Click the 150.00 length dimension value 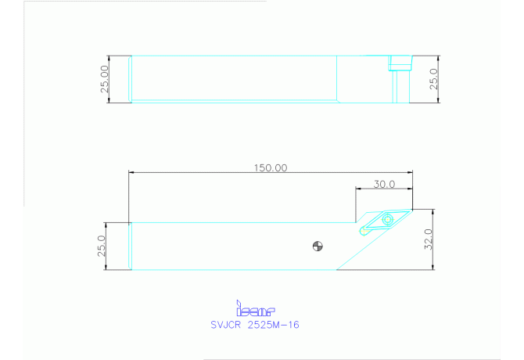coord(270,167)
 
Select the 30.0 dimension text coord(382,184)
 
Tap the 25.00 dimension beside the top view coord(105,79)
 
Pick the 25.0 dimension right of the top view coord(433,79)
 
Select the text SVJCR coord(227,324)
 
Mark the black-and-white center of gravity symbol coord(317,247)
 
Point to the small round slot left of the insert coord(364,231)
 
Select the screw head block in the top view coord(400,62)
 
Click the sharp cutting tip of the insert coord(411,209)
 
